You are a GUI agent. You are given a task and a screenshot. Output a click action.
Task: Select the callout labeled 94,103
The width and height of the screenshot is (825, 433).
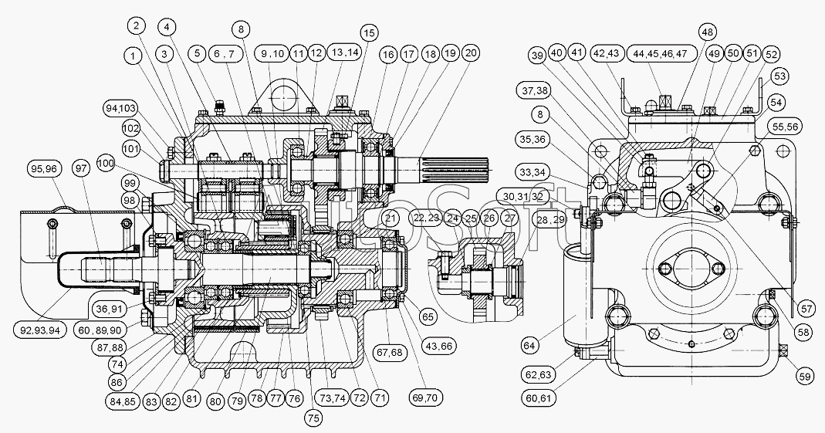(119, 107)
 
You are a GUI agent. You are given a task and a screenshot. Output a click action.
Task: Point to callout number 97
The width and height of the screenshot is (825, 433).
(79, 167)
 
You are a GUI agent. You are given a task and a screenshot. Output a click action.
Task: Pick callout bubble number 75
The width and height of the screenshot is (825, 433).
(312, 418)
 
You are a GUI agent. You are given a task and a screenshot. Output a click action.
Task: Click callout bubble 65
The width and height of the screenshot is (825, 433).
(426, 316)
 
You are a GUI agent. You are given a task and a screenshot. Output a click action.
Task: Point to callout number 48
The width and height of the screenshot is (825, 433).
(706, 32)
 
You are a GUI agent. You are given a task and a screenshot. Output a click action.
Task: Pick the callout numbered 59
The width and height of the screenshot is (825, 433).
(804, 377)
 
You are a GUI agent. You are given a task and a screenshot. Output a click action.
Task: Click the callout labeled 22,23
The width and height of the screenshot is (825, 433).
(426, 218)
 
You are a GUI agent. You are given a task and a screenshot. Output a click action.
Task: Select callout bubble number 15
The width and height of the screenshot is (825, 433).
(368, 32)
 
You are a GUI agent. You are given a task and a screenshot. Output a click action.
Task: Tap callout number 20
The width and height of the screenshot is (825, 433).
(470, 53)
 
